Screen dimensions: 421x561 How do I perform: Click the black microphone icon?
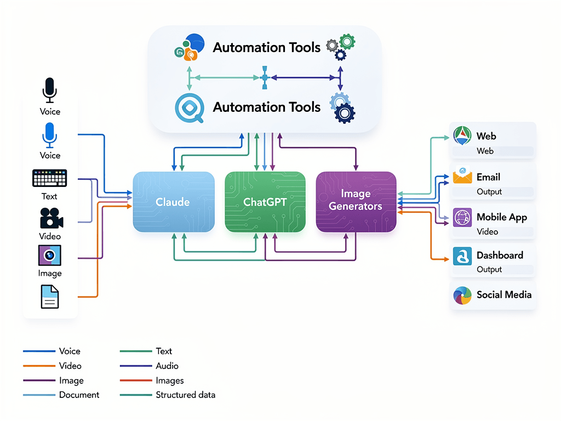point(50,90)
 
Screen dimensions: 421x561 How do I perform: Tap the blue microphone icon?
point(50,134)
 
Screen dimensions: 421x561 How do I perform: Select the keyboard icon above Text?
point(50,178)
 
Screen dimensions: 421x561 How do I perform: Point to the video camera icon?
point(51,218)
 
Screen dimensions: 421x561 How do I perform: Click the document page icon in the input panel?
point(50,297)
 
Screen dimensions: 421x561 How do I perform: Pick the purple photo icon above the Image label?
point(50,255)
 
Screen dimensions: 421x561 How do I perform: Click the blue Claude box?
point(174,202)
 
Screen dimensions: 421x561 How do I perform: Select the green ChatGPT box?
point(265,202)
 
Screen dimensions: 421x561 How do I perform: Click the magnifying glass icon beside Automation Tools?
point(189,107)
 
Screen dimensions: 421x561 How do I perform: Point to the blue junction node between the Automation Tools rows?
point(264,78)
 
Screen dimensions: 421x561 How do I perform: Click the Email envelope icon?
point(462,177)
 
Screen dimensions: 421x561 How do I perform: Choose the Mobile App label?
point(501,217)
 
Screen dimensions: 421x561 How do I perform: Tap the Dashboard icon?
point(462,255)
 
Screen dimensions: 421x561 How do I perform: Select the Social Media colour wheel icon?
point(462,295)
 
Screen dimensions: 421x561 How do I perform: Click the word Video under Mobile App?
point(487,232)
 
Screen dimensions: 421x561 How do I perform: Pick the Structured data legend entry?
point(185,395)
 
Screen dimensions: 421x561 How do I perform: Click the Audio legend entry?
point(167,366)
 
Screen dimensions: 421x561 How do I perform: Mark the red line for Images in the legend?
point(135,380)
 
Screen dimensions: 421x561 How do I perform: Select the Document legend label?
point(79,395)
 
